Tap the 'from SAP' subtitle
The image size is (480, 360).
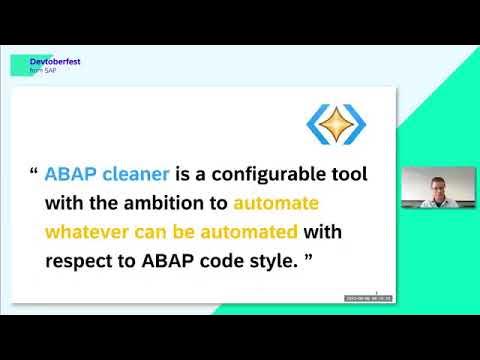tap(42, 71)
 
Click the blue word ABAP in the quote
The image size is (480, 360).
tap(69, 174)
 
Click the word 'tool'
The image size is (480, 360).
tap(345, 174)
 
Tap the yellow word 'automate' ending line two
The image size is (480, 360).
tap(275, 203)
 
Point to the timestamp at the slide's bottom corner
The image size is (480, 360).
tap(367, 298)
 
